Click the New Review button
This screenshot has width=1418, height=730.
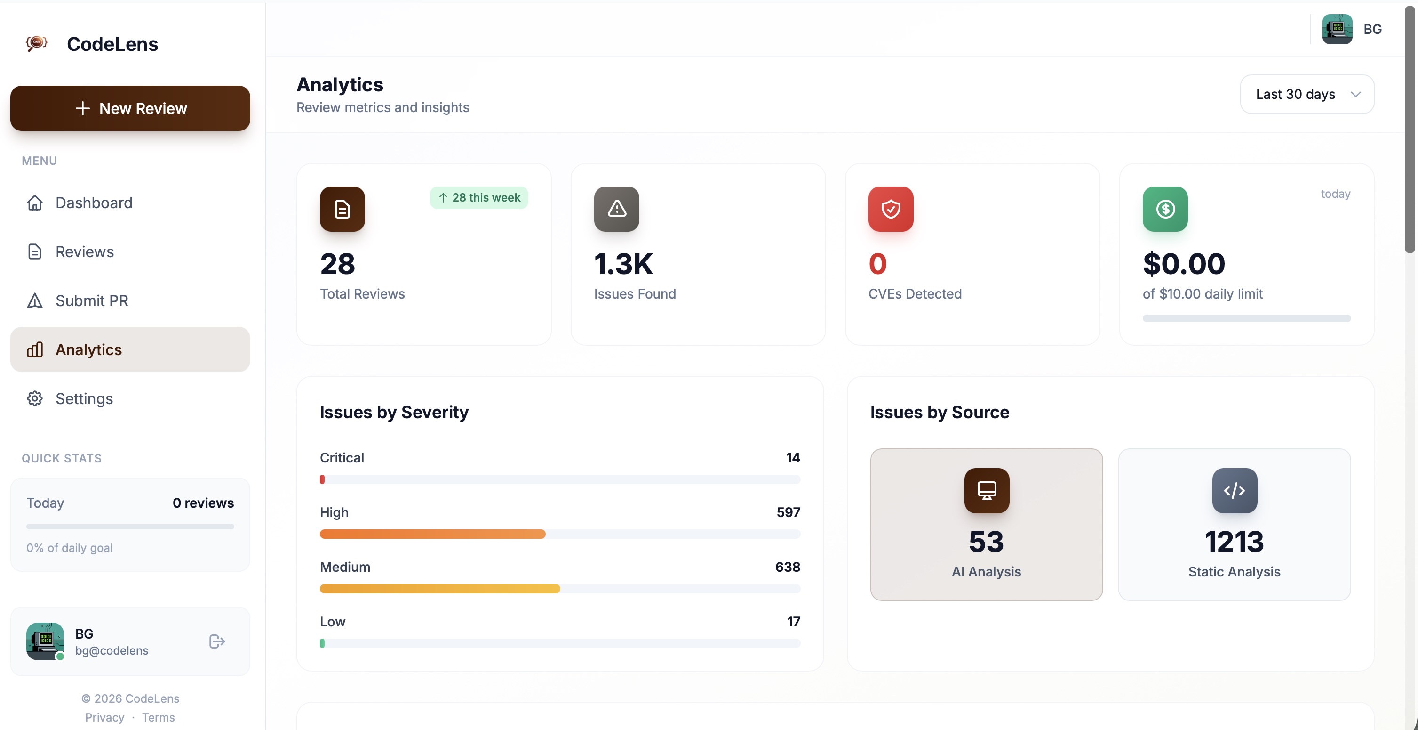point(130,108)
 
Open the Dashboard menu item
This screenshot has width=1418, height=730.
point(94,203)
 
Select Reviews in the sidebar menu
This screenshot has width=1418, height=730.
point(84,252)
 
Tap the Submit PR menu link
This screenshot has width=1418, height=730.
point(91,301)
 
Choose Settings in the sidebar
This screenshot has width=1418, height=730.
point(84,399)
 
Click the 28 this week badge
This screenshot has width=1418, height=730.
point(479,198)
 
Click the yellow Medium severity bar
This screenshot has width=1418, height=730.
point(439,588)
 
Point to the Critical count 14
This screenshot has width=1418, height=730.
point(793,458)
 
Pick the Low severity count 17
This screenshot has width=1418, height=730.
point(793,622)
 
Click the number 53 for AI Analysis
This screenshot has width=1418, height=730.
point(986,542)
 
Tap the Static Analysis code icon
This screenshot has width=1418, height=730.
point(1234,490)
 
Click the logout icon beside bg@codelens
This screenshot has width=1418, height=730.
point(217,641)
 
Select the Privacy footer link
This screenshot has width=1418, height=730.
point(104,717)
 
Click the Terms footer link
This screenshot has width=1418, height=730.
point(158,717)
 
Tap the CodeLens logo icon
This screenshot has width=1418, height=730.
point(37,43)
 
